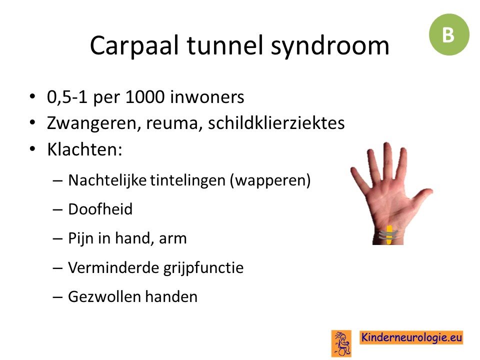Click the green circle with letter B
(449, 34)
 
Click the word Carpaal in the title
(134, 46)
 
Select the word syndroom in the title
(330, 46)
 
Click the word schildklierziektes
(276, 123)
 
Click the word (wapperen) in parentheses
(270, 180)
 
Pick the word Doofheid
(100, 209)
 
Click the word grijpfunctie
(203, 268)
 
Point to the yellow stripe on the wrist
(389, 235)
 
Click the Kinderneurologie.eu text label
(411, 337)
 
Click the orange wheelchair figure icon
(341, 343)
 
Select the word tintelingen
(188, 180)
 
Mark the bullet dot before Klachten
(32, 149)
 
